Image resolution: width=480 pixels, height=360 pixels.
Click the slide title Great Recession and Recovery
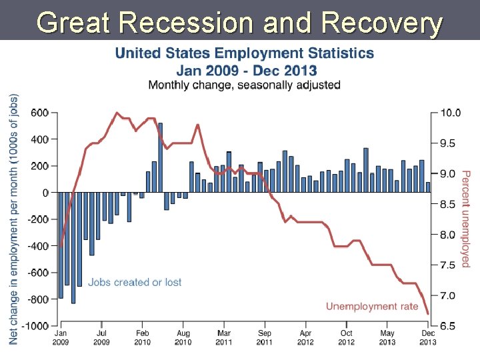(x=240, y=23)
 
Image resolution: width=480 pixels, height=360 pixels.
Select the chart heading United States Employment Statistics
(x=245, y=54)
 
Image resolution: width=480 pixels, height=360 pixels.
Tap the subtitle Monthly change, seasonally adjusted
(x=244, y=85)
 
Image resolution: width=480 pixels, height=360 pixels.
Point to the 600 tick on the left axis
(x=40, y=113)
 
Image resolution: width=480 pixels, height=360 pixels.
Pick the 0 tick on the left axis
(x=45, y=193)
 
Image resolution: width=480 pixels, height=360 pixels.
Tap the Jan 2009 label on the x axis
(x=60, y=337)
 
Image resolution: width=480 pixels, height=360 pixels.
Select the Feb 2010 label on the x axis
(x=142, y=337)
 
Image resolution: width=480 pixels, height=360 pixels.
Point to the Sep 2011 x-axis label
(x=265, y=337)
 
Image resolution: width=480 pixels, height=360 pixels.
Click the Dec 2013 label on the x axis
(x=427, y=337)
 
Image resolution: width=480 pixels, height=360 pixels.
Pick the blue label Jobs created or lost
(x=135, y=283)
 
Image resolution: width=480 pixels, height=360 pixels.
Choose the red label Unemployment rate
(x=371, y=307)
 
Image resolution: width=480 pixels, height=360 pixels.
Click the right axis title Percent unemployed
(x=466, y=219)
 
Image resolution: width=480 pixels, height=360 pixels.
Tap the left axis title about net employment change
(x=14, y=219)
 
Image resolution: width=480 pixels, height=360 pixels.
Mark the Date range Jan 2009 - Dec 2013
(x=246, y=70)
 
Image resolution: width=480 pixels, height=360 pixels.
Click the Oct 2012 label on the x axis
(x=347, y=337)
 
